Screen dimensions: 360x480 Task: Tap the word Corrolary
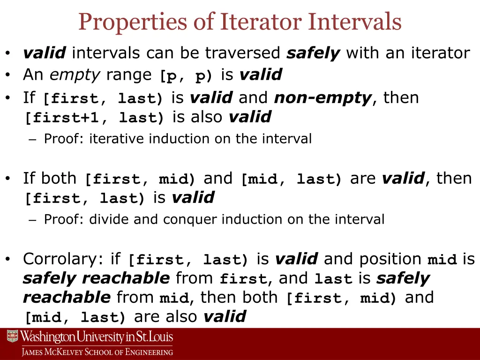coord(65,259)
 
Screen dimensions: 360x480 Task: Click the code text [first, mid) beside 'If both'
coord(140,180)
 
